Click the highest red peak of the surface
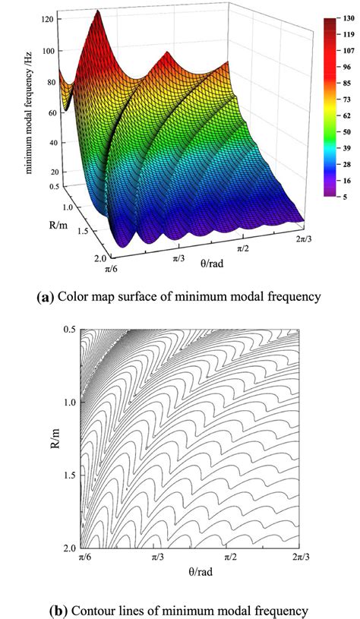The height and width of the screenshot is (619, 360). coord(97,13)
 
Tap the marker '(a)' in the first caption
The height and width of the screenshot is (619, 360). coord(46,298)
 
